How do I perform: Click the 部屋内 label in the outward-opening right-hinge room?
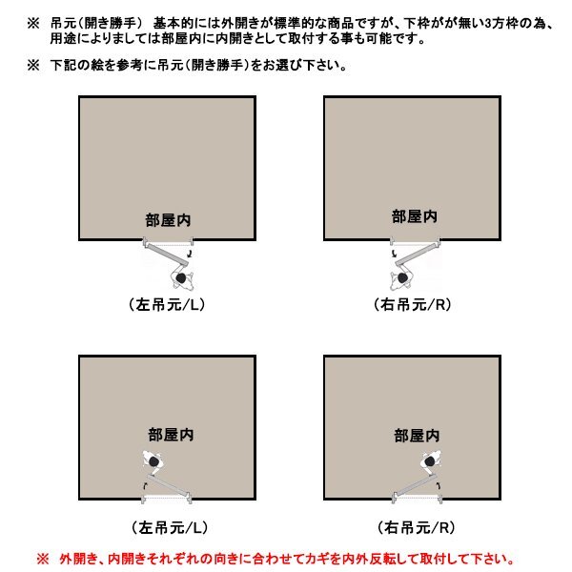click(x=414, y=216)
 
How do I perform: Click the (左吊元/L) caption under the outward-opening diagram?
click(x=167, y=305)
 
